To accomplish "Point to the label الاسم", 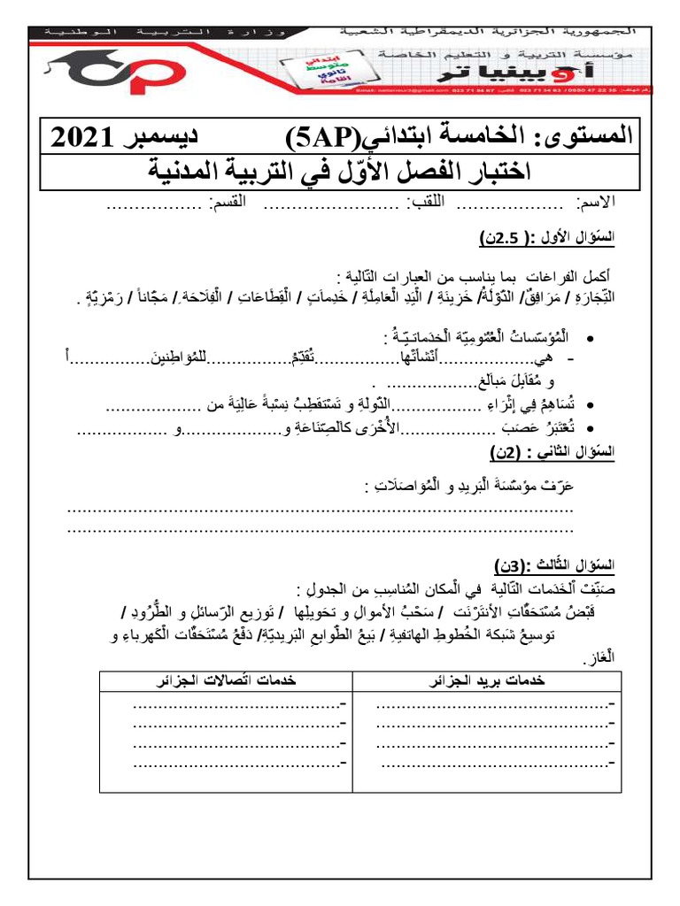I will click(598, 205).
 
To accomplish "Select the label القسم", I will click(228, 205).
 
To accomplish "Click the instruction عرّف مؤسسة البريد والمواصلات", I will click(468, 486).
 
